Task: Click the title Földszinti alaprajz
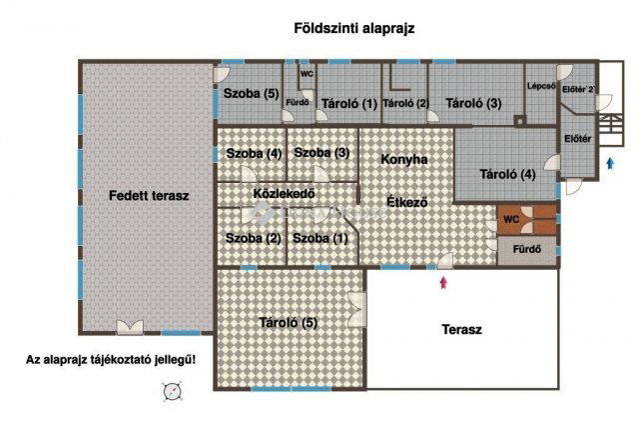354,29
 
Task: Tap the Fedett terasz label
149,196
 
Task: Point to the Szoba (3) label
321,153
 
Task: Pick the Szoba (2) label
254,238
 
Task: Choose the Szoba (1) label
321,238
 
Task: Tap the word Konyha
404,159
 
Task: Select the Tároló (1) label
347,103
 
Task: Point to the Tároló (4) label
507,175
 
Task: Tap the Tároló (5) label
289,322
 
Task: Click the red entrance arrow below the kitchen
443,283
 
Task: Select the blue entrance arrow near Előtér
610,165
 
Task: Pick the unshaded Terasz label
461,329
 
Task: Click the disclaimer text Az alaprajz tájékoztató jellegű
111,359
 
